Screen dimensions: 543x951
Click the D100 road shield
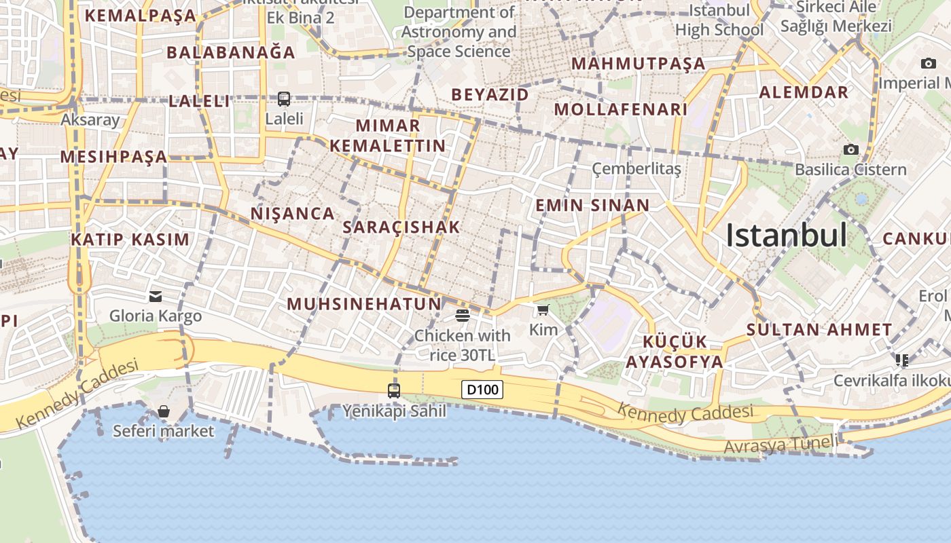482,390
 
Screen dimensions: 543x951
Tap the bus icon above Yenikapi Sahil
394,390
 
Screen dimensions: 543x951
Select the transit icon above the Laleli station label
284,99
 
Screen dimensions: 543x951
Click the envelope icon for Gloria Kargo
156,296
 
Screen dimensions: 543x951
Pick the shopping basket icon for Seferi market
163,411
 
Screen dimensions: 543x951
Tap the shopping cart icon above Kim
543,310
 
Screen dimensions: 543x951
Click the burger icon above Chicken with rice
463,315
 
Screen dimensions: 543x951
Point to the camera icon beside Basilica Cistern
850,149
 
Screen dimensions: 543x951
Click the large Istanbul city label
786,236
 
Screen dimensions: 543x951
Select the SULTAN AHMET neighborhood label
819,330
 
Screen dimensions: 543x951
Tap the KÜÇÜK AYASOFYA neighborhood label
675,352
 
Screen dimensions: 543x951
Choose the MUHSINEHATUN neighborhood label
364,303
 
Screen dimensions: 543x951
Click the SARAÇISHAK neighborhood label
401,227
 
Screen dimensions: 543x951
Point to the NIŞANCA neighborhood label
293,213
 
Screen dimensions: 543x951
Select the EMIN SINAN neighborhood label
592,205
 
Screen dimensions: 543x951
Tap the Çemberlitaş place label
636,168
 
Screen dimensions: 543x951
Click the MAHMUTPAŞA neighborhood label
639,64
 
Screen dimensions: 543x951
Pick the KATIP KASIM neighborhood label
130,239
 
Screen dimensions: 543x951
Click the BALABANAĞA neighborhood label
230,52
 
